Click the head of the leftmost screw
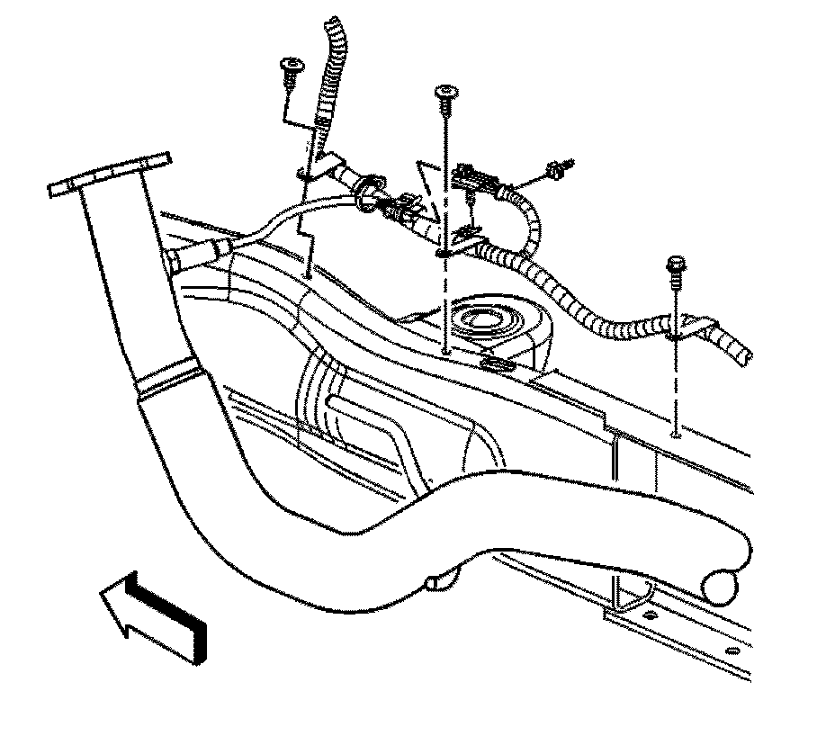coord(292,65)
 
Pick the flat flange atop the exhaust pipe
coord(110,174)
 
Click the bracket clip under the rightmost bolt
coord(688,328)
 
